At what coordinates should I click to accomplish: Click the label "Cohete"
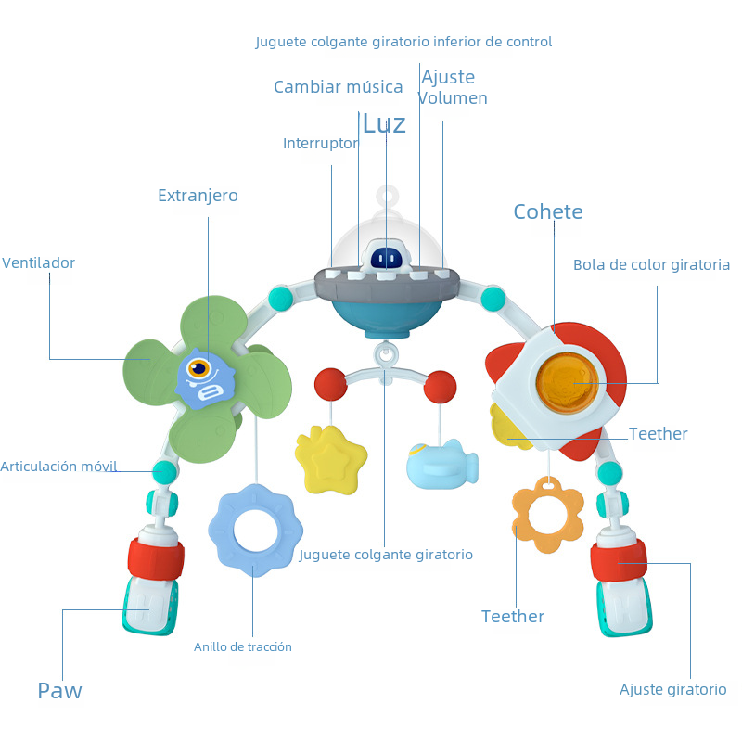tap(548, 212)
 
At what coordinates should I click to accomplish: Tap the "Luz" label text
tap(384, 124)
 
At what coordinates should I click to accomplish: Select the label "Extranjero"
tap(198, 196)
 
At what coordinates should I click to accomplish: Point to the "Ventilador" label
tap(38, 263)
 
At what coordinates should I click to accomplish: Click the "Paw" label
tap(59, 691)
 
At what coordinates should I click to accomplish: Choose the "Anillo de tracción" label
tap(243, 647)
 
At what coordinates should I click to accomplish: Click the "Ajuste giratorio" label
tap(673, 690)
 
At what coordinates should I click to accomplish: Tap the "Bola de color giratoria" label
tap(652, 265)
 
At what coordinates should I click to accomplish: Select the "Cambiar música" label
tap(339, 87)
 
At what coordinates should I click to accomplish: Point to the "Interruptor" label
tap(320, 144)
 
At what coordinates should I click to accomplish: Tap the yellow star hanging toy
tap(329, 458)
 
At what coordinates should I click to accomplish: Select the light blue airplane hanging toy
tap(441, 464)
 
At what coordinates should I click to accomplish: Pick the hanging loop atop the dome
tap(387, 197)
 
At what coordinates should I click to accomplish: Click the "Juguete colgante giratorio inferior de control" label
tap(403, 42)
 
